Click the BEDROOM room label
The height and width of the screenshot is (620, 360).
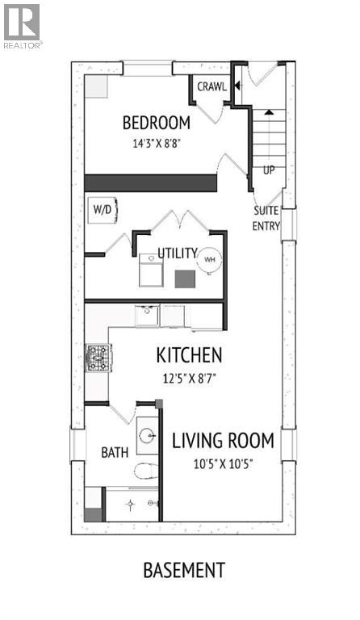coord(156,123)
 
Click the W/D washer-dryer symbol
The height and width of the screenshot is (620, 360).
coord(103,209)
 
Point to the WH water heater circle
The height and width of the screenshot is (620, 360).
coord(209,259)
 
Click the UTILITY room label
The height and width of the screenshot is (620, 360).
coord(177,253)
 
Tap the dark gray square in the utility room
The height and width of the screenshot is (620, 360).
coord(186,279)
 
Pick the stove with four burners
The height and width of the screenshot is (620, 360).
coord(98,355)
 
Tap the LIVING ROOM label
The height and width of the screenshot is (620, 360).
coord(223,441)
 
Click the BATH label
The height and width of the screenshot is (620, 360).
coord(114,453)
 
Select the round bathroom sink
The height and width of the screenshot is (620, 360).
coord(148,437)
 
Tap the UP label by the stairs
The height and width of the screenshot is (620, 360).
coord(269,170)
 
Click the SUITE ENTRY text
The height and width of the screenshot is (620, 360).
coord(266,218)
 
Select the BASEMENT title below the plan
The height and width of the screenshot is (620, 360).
coord(184,570)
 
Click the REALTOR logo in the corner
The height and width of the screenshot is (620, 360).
coord(23,25)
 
